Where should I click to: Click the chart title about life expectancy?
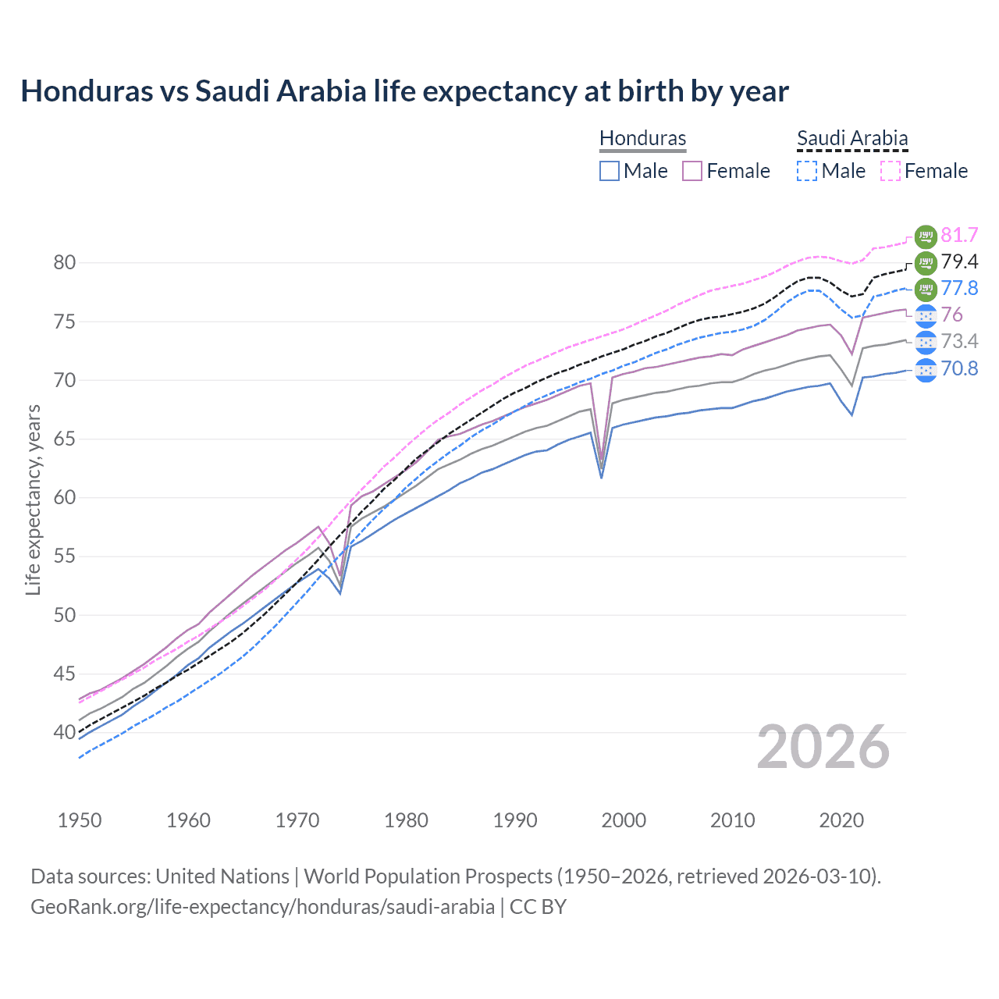coord(404,91)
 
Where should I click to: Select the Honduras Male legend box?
coord(610,171)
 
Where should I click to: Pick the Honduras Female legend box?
coord(692,171)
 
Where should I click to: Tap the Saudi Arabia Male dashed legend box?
coord(807,171)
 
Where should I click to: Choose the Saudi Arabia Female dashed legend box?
coord(891,171)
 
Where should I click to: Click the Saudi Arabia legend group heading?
coord(852,139)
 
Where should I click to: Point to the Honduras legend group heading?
coord(642,139)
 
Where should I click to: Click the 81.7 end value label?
coord(959,235)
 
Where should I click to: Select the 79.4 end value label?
coord(959,261)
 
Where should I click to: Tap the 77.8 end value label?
coord(959,288)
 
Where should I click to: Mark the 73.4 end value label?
coord(959,341)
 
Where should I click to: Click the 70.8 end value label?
coord(959,368)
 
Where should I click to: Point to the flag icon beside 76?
coord(926,315)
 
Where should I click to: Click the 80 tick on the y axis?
coord(65,262)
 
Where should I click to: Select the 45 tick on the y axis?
coord(65,674)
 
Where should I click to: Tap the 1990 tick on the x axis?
coord(515,820)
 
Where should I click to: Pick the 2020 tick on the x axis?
coord(841,820)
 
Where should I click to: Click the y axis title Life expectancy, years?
coord(33,499)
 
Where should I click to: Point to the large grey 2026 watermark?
coord(823,747)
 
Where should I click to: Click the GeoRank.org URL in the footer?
coord(262,907)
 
